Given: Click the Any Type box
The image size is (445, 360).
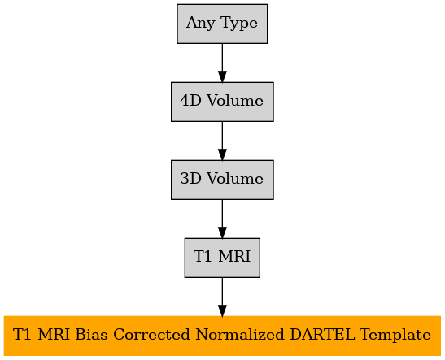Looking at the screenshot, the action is pyautogui.click(x=222, y=24).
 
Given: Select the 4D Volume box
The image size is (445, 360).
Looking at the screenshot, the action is pyautogui.click(x=222, y=102).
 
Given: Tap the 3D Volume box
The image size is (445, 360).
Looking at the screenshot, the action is pyautogui.click(x=222, y=180).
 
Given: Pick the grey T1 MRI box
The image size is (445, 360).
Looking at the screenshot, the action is pyautogui.click(x=222, y=258).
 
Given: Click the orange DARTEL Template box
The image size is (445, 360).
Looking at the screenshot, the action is pyautogui.click(x=222, y=336).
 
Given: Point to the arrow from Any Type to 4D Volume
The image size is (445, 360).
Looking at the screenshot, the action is pyautogui.click(x=222, y=63).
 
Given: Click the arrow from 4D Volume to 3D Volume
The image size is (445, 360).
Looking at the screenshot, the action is pyautogui.click(x=222, y=141).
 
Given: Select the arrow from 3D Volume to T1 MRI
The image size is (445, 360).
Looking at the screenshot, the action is pyautogui.click(x=222, y=219).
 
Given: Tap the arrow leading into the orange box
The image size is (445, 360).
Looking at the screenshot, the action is pyautogui.click(x=222, y=297).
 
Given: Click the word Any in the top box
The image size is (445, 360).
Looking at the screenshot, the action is pyautogui.click(x=201, y=24).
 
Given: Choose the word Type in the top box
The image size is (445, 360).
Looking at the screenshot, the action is pyautogui.click(x=239, y=24).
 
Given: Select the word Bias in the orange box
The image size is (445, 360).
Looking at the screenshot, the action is pyautogui.click(x=92, y=335).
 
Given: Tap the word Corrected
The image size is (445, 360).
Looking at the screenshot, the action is pyautogui.click(x=151, y=335).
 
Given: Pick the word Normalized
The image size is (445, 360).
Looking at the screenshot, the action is pyautogui.click(x=240, y=335).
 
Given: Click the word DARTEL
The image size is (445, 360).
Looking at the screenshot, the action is pyautogui.click(x=322, y=335).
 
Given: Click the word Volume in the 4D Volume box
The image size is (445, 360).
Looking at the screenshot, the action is pyautogui.click(x=235, y=101).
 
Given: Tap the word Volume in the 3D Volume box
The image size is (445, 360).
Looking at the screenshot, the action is pyautogui.click(x=235, y=179).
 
